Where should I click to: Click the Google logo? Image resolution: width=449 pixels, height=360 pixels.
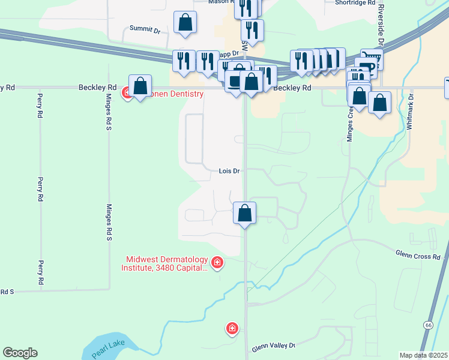click(20, 353)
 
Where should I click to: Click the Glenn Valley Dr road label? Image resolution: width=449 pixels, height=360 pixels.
click(274, 346)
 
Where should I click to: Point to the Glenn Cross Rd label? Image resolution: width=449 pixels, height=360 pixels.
click(418, 257)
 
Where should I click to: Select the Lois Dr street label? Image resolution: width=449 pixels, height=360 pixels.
click(229, 171)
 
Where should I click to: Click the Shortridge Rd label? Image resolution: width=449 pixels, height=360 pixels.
click(356, 2)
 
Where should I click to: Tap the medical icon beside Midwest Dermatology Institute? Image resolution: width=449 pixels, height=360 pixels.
click(217, 262)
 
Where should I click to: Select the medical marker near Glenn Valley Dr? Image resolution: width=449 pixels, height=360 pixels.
click(232, 328)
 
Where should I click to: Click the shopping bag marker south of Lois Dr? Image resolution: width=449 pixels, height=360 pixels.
click(245, 213)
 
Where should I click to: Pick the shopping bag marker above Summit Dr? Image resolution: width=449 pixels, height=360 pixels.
click(185, 23)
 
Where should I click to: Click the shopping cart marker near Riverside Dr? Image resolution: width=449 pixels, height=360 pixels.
click(371, 59)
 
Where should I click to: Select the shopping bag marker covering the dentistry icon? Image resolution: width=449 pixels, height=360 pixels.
click(140, 86)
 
